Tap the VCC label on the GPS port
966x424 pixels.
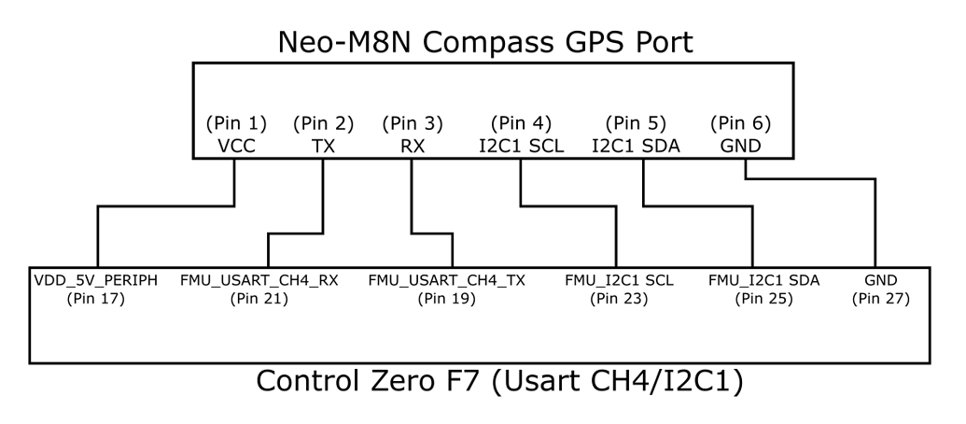pos(236,147)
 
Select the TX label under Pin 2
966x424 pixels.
pos(324,147)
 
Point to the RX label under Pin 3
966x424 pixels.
pos(412,147)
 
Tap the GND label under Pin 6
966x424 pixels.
pos(741,147)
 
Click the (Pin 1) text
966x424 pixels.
pos(236,123)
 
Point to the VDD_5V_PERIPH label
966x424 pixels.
pos(97,280)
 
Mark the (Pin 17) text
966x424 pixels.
pos(97,299)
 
